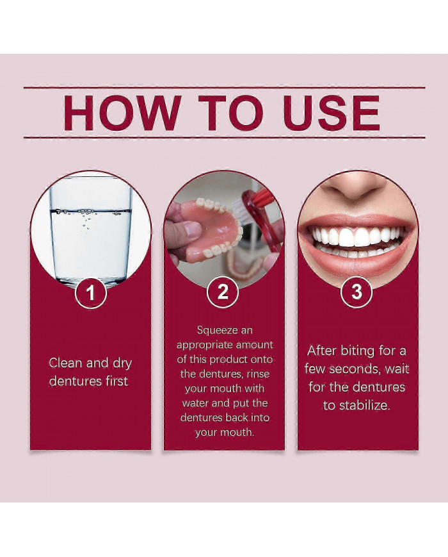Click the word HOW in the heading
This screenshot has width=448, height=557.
tap(122, 113)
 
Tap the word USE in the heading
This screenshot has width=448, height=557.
tap(332, 113)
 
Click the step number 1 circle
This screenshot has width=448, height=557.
tap(90, 293)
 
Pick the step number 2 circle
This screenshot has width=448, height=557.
tap(223, 292)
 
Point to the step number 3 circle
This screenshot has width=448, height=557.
tap(356, 292)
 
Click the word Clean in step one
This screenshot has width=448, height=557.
tap(66, 363)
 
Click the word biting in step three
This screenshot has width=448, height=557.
tap(358, 351)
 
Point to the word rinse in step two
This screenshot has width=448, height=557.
tap(258, 374)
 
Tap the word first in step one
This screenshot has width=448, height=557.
tap(116, 381)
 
